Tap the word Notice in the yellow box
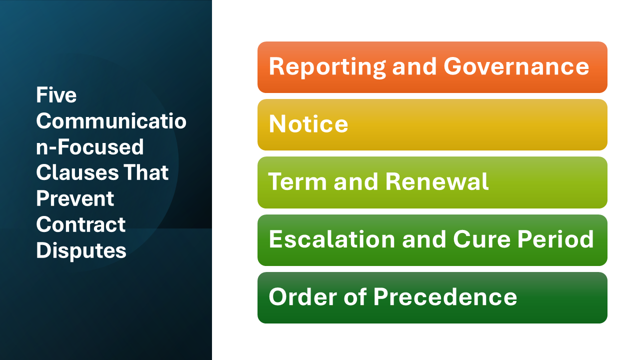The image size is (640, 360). point(308,124)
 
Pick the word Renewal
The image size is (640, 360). point(436,182)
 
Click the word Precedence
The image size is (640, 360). point(445,297)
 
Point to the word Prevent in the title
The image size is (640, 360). point(75,199)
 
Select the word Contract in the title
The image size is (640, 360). point(80,225)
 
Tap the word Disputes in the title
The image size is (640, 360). point(81,251)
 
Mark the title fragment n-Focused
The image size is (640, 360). point(89,147)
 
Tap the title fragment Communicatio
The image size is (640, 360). point(110,121)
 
